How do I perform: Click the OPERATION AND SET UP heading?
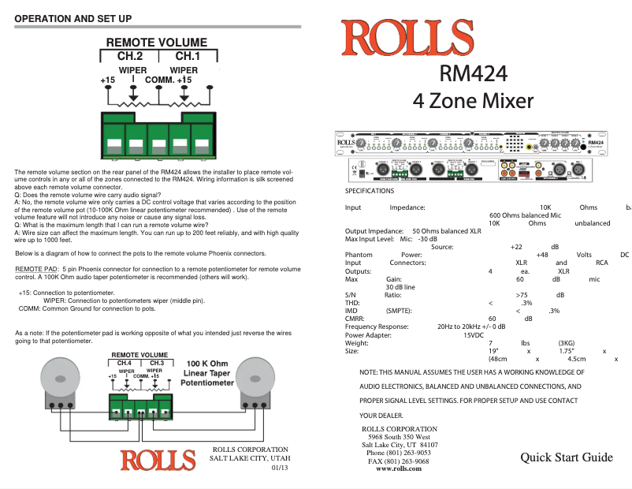pyautogui.click(x=73, y=17)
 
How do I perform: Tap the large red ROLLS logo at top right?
pyautogui.click(x=407, y=39)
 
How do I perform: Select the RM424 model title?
pyautogui.click(x=473, y=73)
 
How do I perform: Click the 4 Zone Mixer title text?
pyautogui.click(x=473, y=101)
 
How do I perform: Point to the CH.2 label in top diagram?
pyautogui.click(x=129, y=56)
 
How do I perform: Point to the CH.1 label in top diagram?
pyautogui.click(x=188, y=56)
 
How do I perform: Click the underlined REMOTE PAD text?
pyautogui.click(x=36, y=247)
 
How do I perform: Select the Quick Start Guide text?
pyautogui.click(x=566, y=457)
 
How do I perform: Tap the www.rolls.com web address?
pyautogui.click(x=398, y=468)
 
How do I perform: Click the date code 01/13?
pyautogui.click(x=280, y=468)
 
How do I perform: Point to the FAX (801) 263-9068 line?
pyautogui.click(x=399, y=461)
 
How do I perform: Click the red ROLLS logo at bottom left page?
pyautogui.click(x=158, y=459)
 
